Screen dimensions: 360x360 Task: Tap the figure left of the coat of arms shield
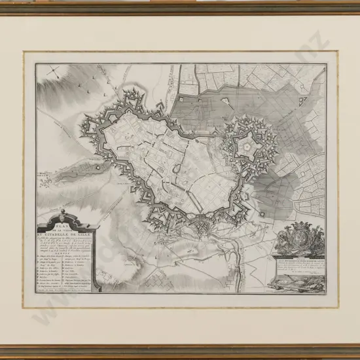point(286,241)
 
